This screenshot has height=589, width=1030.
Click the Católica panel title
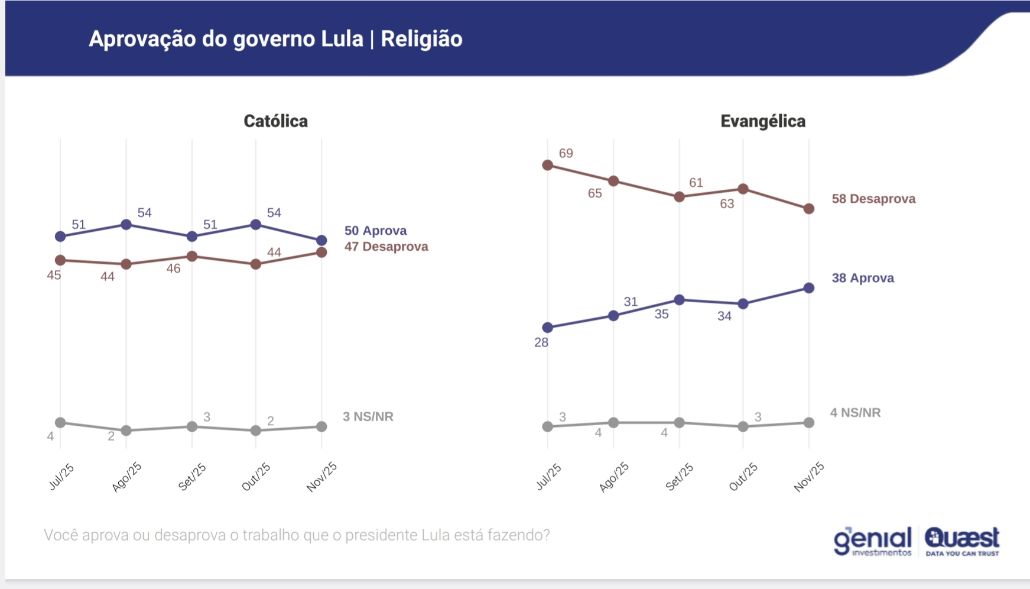click(275, 121)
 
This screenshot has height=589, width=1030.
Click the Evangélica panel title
click(762, 121)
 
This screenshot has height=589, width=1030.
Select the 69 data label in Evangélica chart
click(566, 153)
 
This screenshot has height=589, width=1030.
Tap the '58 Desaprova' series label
click(873, 199)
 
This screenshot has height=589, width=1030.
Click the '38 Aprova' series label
click(863, 278)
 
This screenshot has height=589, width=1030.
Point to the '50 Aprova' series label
click(375, 231)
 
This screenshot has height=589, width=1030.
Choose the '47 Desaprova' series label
click(386, 247)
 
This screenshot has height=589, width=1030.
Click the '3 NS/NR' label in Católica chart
click(368, 416)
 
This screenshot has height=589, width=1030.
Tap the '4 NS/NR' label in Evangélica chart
click(855, 413)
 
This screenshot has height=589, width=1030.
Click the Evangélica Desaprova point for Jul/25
click(548, 165)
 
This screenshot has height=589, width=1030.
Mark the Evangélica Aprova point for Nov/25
click(809, 288)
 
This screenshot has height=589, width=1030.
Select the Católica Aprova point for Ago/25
click(126, 225)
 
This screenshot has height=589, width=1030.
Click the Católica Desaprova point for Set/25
click(192, 256)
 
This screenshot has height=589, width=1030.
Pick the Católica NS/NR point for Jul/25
click(60, 422)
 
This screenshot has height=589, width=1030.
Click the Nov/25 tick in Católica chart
click(321, 477)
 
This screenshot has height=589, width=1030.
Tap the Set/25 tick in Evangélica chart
click(679, 477)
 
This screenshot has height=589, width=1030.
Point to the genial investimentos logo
click(873, 542)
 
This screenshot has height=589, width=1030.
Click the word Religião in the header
click(421, 39)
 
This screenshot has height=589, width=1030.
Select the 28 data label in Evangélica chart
click(541, 342)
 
